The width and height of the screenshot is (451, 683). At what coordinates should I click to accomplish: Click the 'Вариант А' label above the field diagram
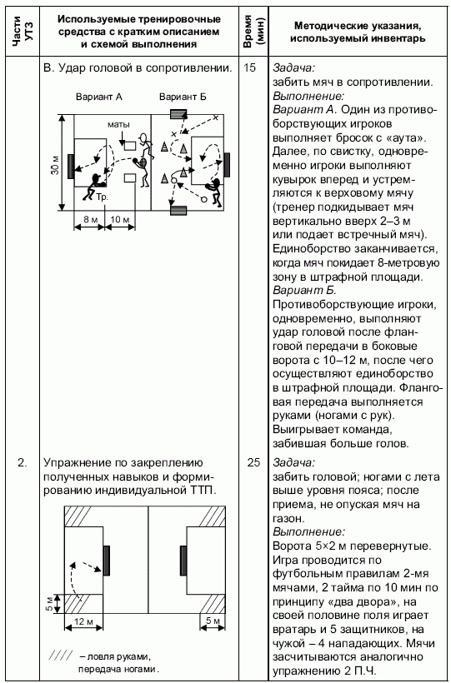click(99, 97)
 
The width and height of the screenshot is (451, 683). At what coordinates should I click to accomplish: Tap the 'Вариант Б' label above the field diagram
click(183, 97)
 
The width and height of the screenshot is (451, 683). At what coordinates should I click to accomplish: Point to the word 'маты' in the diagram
click(118, 125)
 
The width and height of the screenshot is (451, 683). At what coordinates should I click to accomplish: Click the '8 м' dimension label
click(91, 219)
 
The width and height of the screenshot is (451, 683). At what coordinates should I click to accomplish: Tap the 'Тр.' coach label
click(102, 197)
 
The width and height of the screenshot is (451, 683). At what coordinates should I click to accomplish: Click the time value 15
click(249, 68)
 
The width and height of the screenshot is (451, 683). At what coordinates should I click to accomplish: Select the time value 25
click(254, 462)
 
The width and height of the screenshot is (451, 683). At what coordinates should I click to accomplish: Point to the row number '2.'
click(23, 462)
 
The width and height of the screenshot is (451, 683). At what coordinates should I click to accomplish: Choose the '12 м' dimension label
click(83, 621)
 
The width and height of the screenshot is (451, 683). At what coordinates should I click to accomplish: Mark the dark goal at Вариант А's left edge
click(71, 166)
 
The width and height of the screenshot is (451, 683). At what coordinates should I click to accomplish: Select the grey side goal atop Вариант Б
click(178, 114)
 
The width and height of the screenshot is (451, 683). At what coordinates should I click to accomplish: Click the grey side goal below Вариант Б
click(178, 210)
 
